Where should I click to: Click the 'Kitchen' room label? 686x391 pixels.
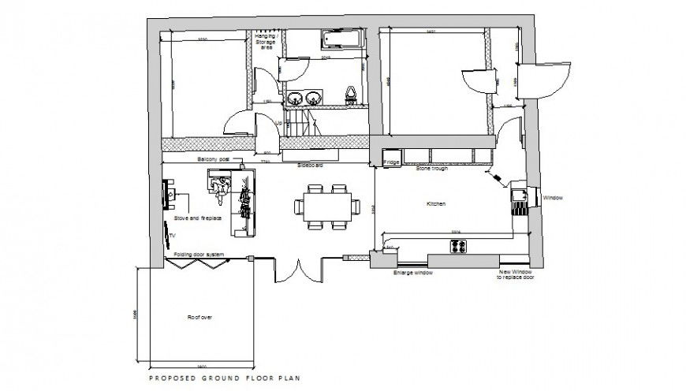click(x=436, y=204)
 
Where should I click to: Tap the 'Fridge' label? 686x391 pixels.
click(x=391, y=162)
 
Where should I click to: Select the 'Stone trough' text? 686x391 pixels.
click(x=432, y=168)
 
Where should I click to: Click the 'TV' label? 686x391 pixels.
click(x=172, y=235)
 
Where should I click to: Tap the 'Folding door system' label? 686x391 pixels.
click(x=200, y=254)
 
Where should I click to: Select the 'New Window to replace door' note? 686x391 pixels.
click(x=516, y=275)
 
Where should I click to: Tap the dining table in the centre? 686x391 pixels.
click(x=326, y=207)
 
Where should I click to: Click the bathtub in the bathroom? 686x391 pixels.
click(x=340, y=39)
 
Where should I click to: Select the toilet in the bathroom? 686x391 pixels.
click(x=349, y=95)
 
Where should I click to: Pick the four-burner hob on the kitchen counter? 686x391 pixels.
click(x=458, y=246)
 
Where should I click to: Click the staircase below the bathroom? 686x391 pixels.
click(x=300, y=122)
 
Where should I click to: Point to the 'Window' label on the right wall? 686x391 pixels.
click(x=552, y=198)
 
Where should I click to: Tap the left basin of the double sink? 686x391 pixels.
click(x=294, y=99)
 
